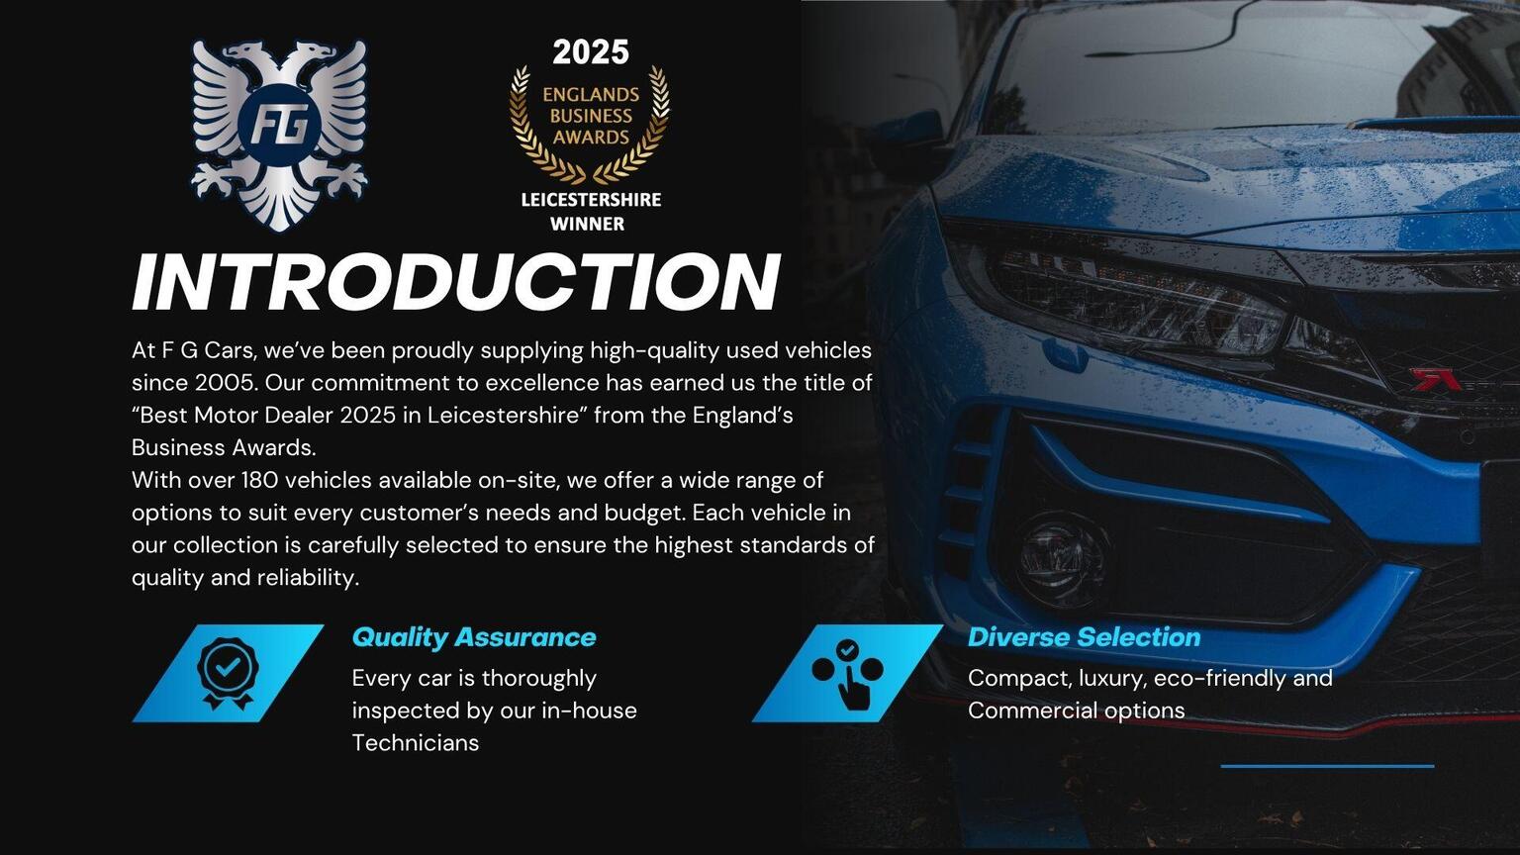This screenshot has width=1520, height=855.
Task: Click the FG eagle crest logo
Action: pyautogui.click(x=279, y=135)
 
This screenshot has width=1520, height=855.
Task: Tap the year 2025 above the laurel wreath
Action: pyautogui.click(x=591, y=52)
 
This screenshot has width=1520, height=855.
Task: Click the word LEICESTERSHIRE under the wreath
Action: pyautogui.click(x=591, y=200)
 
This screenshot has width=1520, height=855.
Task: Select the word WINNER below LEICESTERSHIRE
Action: pyautogui.click(x=588, y=224)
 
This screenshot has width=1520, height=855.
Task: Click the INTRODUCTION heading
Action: pyautogui.click(x=456, y=282)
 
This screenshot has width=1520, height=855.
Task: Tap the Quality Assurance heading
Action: pyautogui.click(x=474, y=638)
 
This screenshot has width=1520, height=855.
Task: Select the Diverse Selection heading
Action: pyautogui.click(x=1084, y=637)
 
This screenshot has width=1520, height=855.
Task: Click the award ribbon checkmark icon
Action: pyautogui.click(x=228, y=673)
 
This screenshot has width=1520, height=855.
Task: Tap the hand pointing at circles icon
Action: pyautogui.click(x=848, y=674)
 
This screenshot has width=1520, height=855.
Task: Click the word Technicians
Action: pyautogui.click(x=416, y=742)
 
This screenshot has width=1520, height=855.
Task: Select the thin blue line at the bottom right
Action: pyautogui.click(x=1327, y=767)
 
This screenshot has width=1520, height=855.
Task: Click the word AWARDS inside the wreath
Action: pyautogui.click(x=591, y=138)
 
